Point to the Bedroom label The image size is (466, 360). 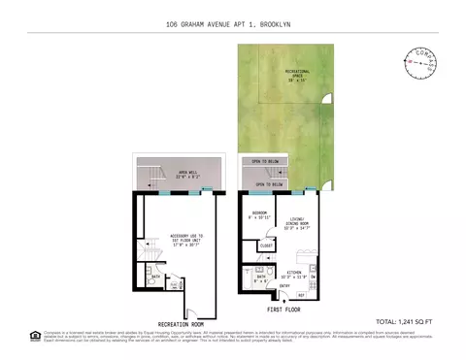click(259, 213)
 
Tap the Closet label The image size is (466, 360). click(265, 246)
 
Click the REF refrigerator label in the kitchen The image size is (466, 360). click(301, 294)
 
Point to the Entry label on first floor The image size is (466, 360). click(285, 286)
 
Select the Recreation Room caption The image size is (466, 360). click(181, 323)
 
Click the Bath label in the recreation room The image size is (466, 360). click(154, 276)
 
